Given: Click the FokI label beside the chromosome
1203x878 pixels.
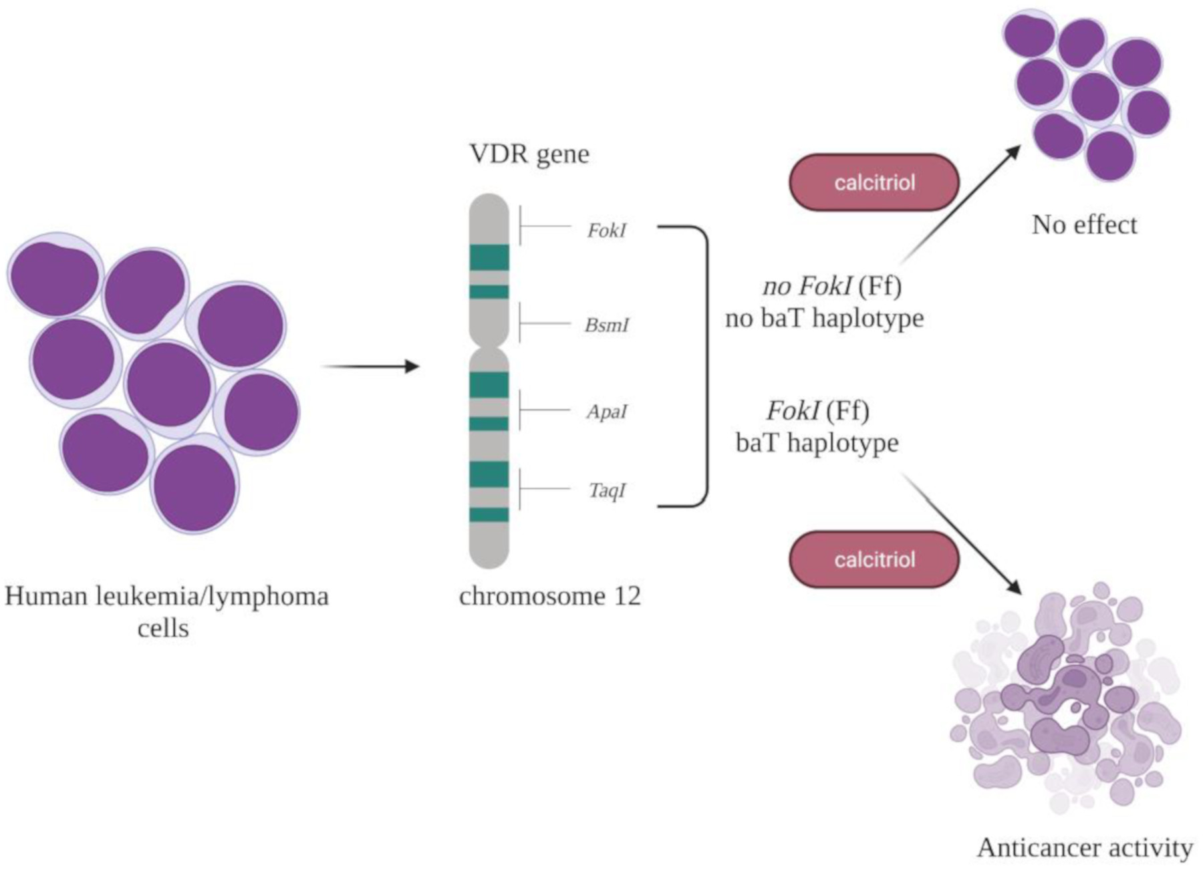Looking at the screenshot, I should (606, 231).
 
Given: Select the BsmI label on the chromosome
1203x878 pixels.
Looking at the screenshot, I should (606, 325).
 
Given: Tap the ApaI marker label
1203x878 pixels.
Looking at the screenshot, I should (606, 412).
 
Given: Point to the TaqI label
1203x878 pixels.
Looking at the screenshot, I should (607, 490).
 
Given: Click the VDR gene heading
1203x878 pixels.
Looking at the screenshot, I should (529, 154).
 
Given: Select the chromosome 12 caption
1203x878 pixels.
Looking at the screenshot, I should (549, 595).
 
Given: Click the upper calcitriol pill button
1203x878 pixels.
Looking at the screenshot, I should (874, 182).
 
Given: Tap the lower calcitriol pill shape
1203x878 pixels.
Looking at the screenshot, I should (874, 559).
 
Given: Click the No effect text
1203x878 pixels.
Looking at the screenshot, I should (1083, 225).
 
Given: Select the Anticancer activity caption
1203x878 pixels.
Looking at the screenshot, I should (1084, 848).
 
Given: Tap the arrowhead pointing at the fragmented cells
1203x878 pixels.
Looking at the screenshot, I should (1015, 587).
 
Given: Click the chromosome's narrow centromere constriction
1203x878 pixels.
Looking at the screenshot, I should (489, 347).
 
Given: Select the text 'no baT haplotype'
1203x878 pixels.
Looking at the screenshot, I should (823, 318).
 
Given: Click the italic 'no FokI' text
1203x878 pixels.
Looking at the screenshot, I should (807, 286).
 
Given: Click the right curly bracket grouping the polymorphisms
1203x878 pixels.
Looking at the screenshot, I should (705, 366).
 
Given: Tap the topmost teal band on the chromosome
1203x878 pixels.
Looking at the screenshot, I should (489, 257).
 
